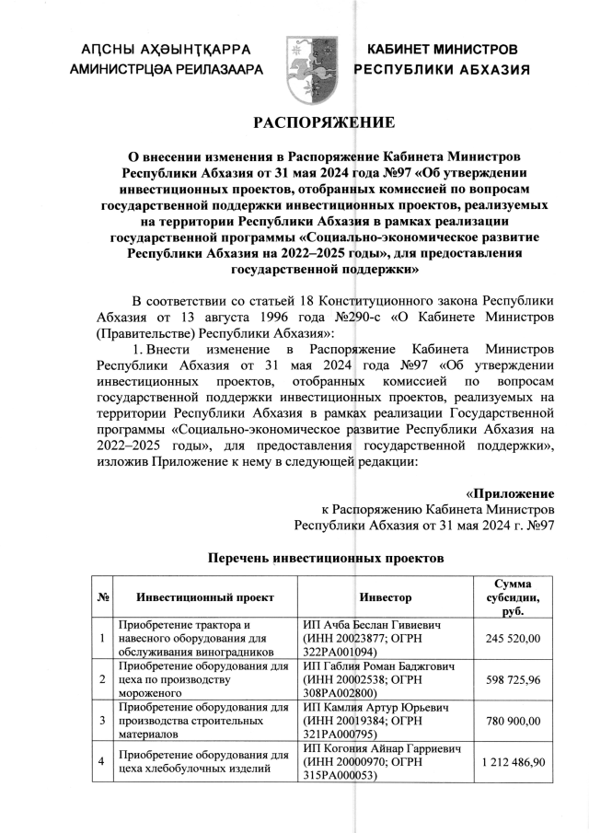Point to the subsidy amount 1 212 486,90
point(513,762)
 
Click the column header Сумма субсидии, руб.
point(513,597)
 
